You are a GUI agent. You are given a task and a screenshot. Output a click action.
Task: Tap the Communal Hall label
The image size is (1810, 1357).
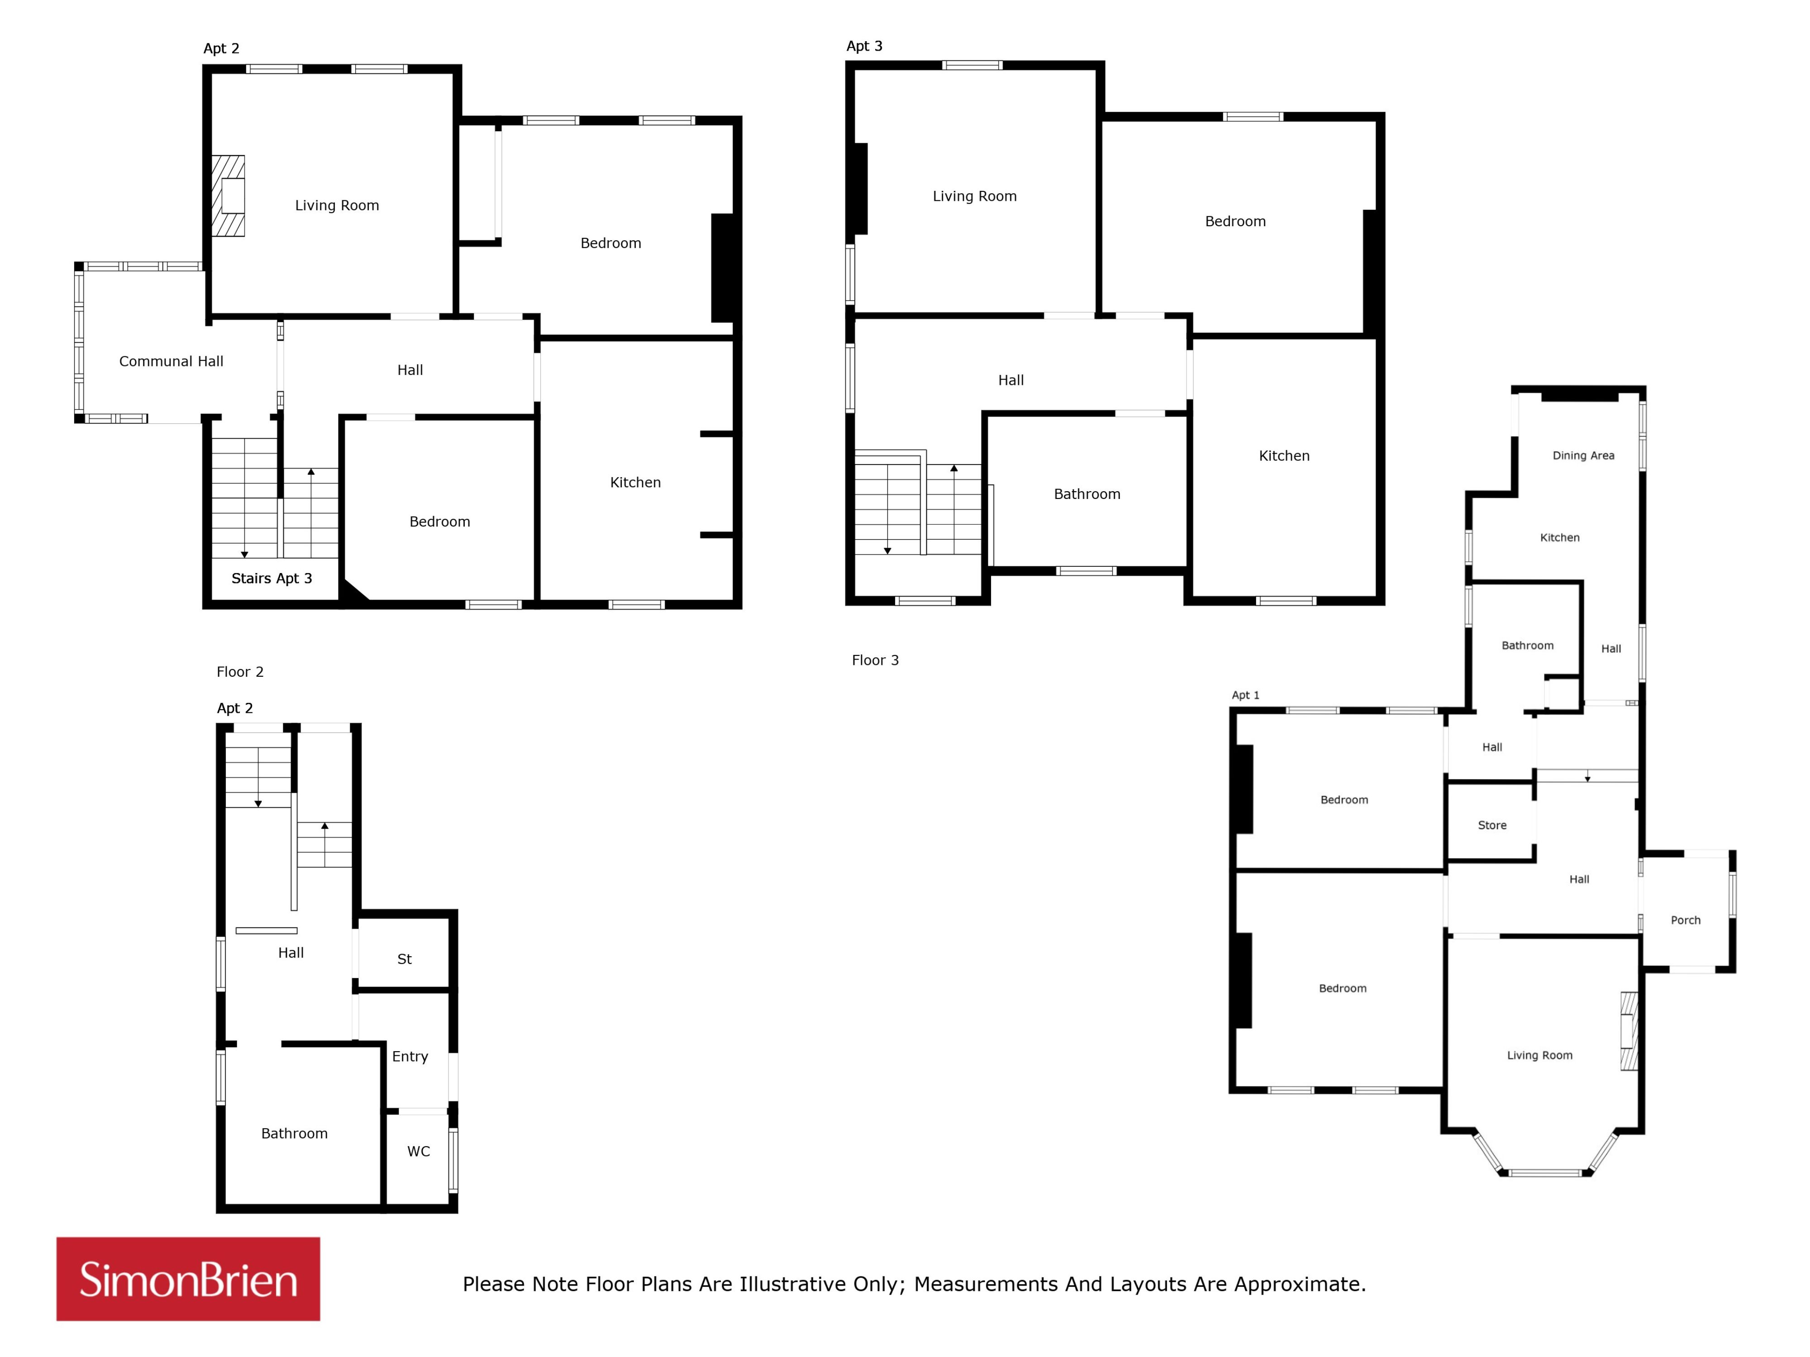171,361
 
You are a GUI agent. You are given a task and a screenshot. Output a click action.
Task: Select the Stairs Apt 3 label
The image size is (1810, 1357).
271,578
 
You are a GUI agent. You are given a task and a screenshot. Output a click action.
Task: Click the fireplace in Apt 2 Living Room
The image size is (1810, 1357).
229,196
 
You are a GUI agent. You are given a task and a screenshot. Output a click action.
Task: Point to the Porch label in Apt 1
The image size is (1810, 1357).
1686,920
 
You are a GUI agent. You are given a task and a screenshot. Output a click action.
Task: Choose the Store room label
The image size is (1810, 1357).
1492,826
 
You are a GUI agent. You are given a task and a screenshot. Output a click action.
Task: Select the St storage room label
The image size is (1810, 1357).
404,959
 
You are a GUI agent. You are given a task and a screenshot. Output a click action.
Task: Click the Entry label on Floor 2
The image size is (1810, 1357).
410,1057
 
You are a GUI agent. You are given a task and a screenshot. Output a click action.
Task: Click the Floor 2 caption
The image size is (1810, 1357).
240,672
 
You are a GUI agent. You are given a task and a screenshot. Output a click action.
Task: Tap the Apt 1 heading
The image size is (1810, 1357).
1245,695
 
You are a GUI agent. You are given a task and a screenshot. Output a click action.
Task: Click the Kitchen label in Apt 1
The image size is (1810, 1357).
1560,537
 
